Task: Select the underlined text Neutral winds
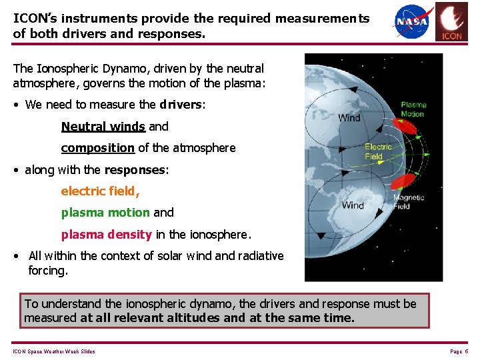103,126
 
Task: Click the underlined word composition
97,147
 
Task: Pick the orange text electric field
100,191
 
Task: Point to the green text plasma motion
105,213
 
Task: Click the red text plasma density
107,235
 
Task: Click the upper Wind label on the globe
349,118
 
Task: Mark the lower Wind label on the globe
353,205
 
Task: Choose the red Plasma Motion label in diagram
413,109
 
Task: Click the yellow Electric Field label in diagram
378,151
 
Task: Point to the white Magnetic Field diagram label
409,202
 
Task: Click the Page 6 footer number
459,351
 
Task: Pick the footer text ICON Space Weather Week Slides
53,351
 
